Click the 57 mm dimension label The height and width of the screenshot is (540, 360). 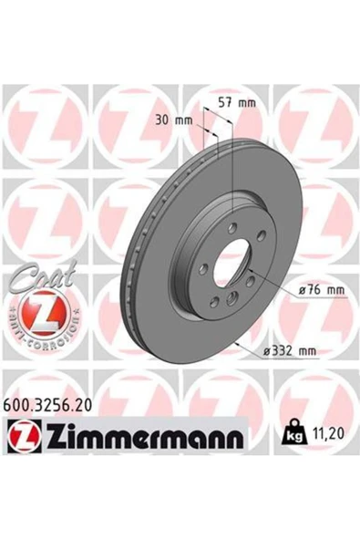pyautogui.click(x=238, y=103)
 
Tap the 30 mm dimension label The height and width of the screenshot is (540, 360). pyautogui.click(x=174, y=120)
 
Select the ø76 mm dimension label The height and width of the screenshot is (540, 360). pyautogui.click(x=321, y=290)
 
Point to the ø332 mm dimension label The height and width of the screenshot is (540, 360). pyautogui.click(x=289, y=351)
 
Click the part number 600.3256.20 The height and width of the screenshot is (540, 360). pyautogui.click(x=47, y=405)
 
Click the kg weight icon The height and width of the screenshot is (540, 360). pyautogui.click(x=293, y=431)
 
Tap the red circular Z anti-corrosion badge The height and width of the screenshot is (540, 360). pyautogui.click(x=45, y=315)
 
